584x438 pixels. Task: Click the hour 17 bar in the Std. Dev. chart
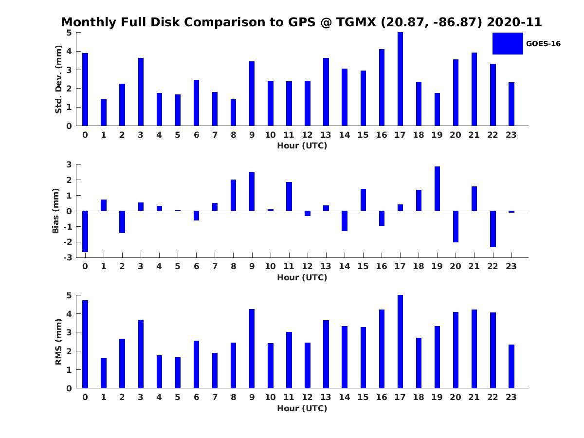click(x=400, y=79)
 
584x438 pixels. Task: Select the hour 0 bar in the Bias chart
click(x=85, y=231)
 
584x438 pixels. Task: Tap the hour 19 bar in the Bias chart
click(x=437, y=189)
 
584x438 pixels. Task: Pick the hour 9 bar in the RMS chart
click(x=252, y=348)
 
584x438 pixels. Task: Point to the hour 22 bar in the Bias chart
click(x=493, y=229)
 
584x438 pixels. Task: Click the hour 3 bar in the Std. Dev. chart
click(x=141, y=92)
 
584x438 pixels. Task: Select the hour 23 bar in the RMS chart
click(x=511, y=366)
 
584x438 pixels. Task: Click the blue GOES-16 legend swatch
click(x=508, y=43)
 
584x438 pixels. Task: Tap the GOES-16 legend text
click(x=543, y=44)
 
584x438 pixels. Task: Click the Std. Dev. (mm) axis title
click(x=58, y=79)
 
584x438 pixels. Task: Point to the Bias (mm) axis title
click(x=56, y=211)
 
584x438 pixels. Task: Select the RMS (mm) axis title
click(x=58, y=342)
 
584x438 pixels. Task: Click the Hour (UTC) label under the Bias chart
click(x=302, y=277)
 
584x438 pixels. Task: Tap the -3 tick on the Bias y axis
click(x=69, y=257)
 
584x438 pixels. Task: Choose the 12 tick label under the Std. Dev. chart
click(x=308, y=135)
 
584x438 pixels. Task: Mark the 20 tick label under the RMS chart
click(x=456, y=397)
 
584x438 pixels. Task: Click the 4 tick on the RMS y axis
click(x=69, y=314)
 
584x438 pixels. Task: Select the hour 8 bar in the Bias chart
click(x=233, y=195)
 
